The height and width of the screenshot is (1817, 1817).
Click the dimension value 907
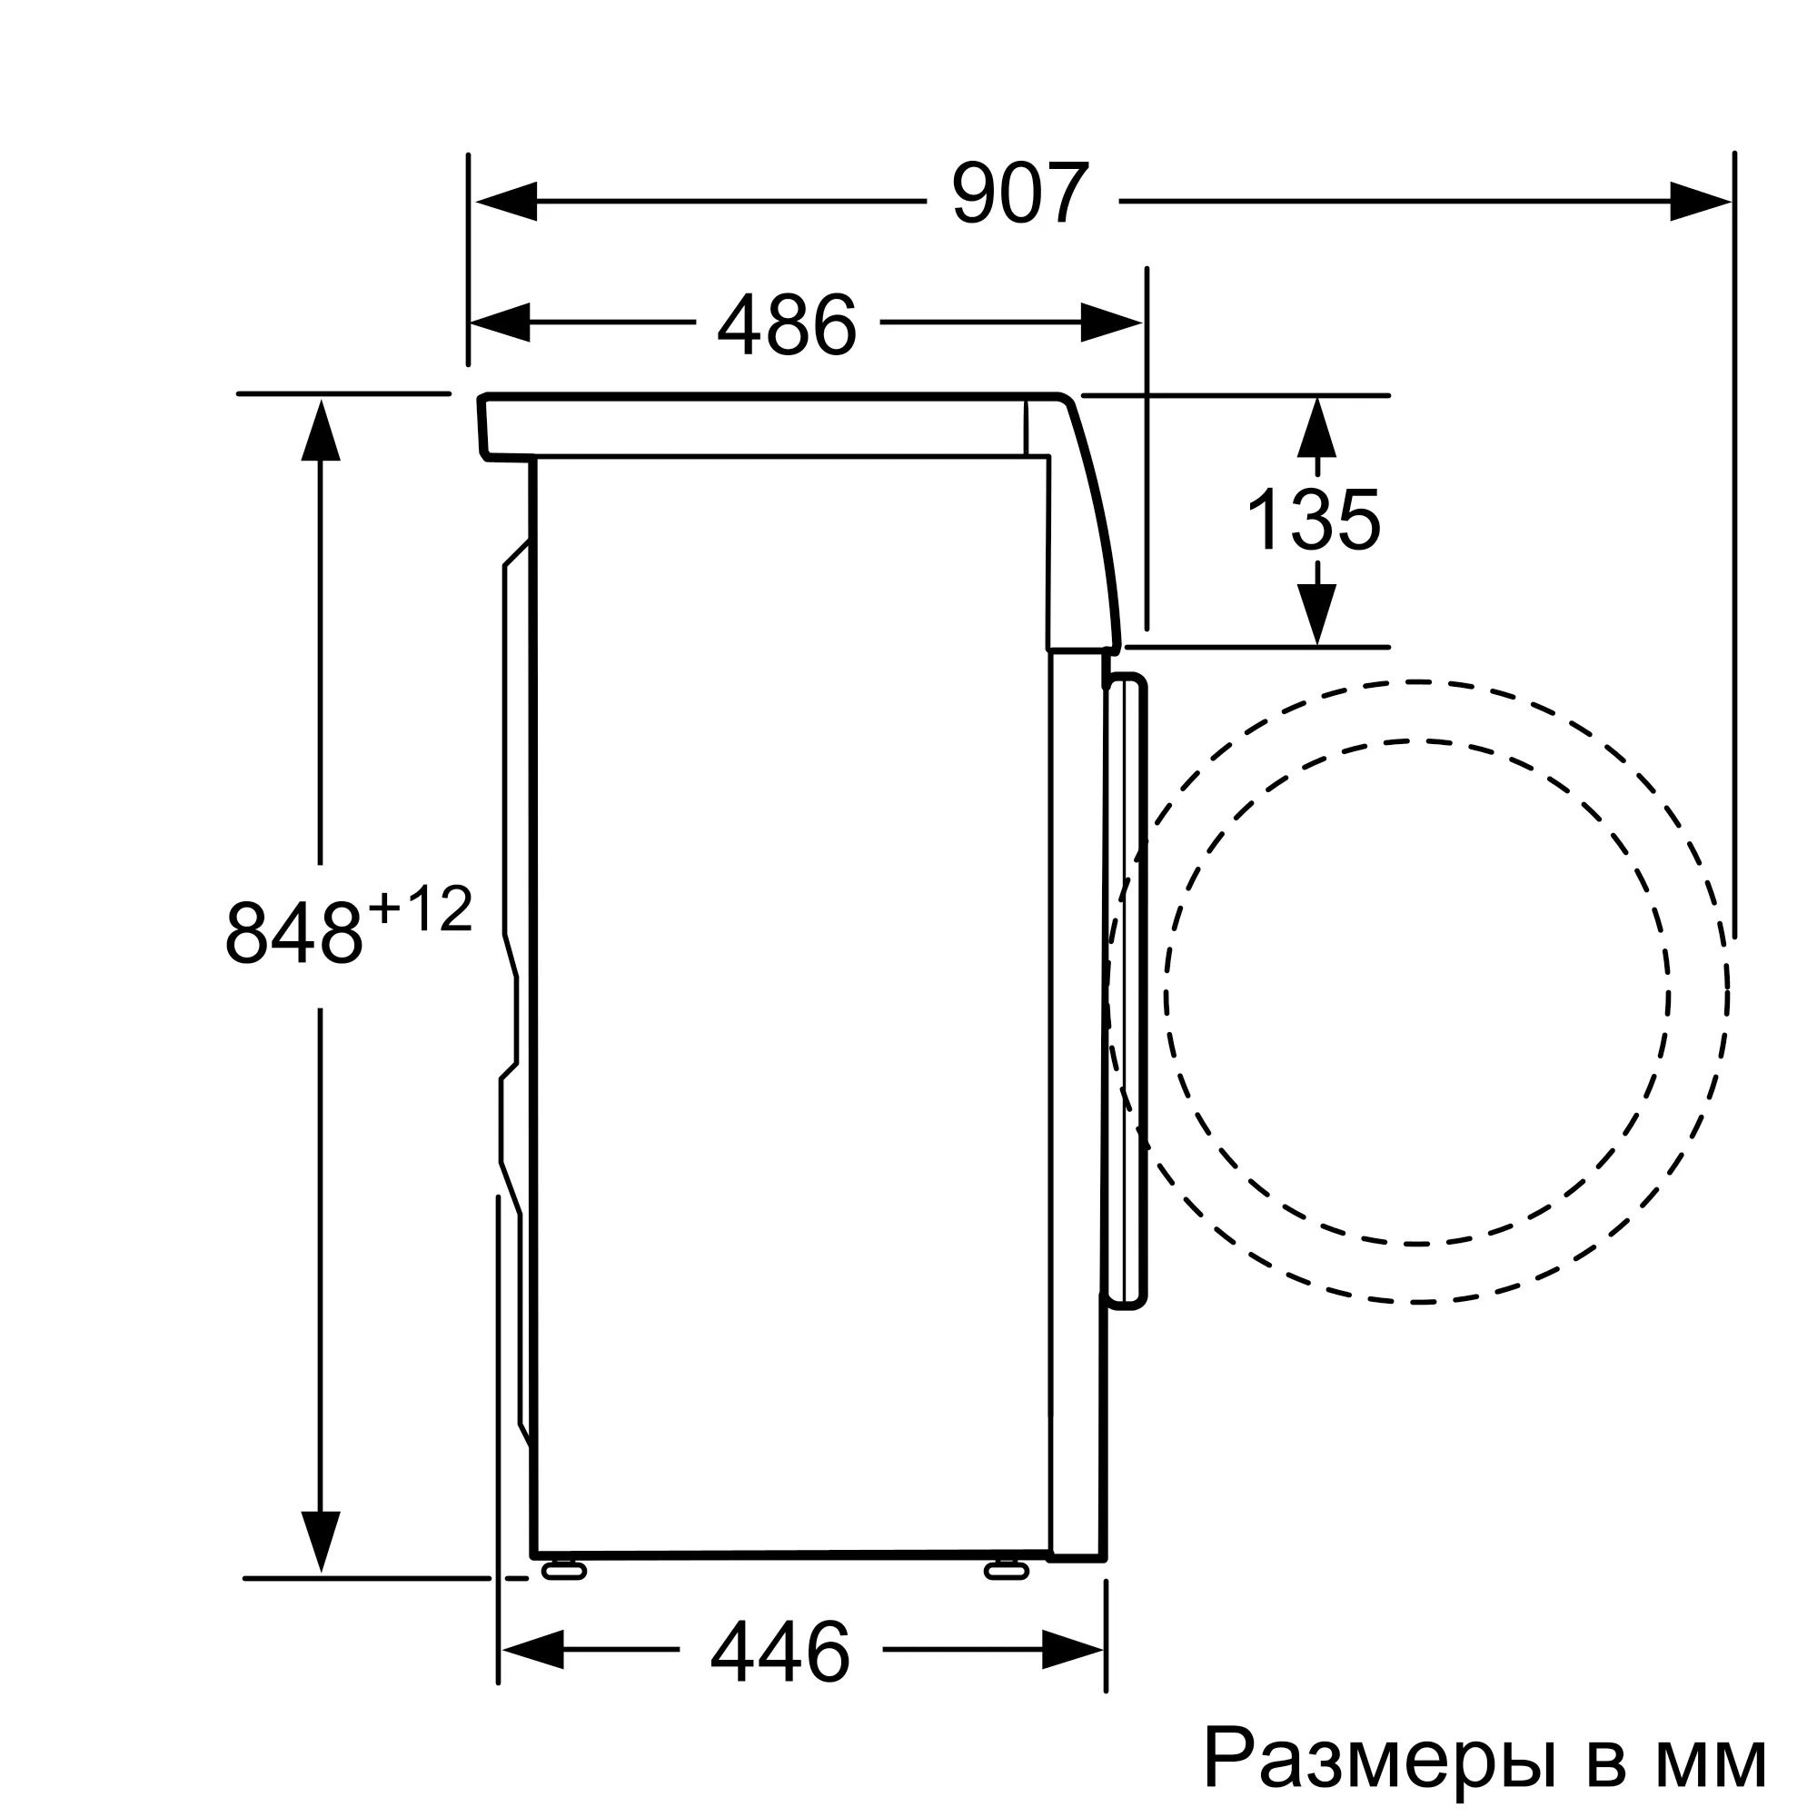[x=1020, y=194]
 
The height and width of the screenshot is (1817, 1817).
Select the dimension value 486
[x=786, y=325]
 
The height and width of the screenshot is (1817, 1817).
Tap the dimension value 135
[x=1313, y=520]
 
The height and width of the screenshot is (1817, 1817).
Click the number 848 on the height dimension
[x=293, y=935]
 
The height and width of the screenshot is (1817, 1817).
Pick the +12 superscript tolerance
[x=420, y=911]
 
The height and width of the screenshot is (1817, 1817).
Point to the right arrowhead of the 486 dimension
[x=1111, y=323]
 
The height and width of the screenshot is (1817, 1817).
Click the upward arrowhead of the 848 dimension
[x=321, y=431]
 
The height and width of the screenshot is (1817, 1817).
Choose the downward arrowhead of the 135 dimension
[x=1316, y=612]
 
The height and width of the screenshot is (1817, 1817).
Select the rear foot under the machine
[x=563, y=1570]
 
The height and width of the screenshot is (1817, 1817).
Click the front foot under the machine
[x=1007, y=1570]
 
